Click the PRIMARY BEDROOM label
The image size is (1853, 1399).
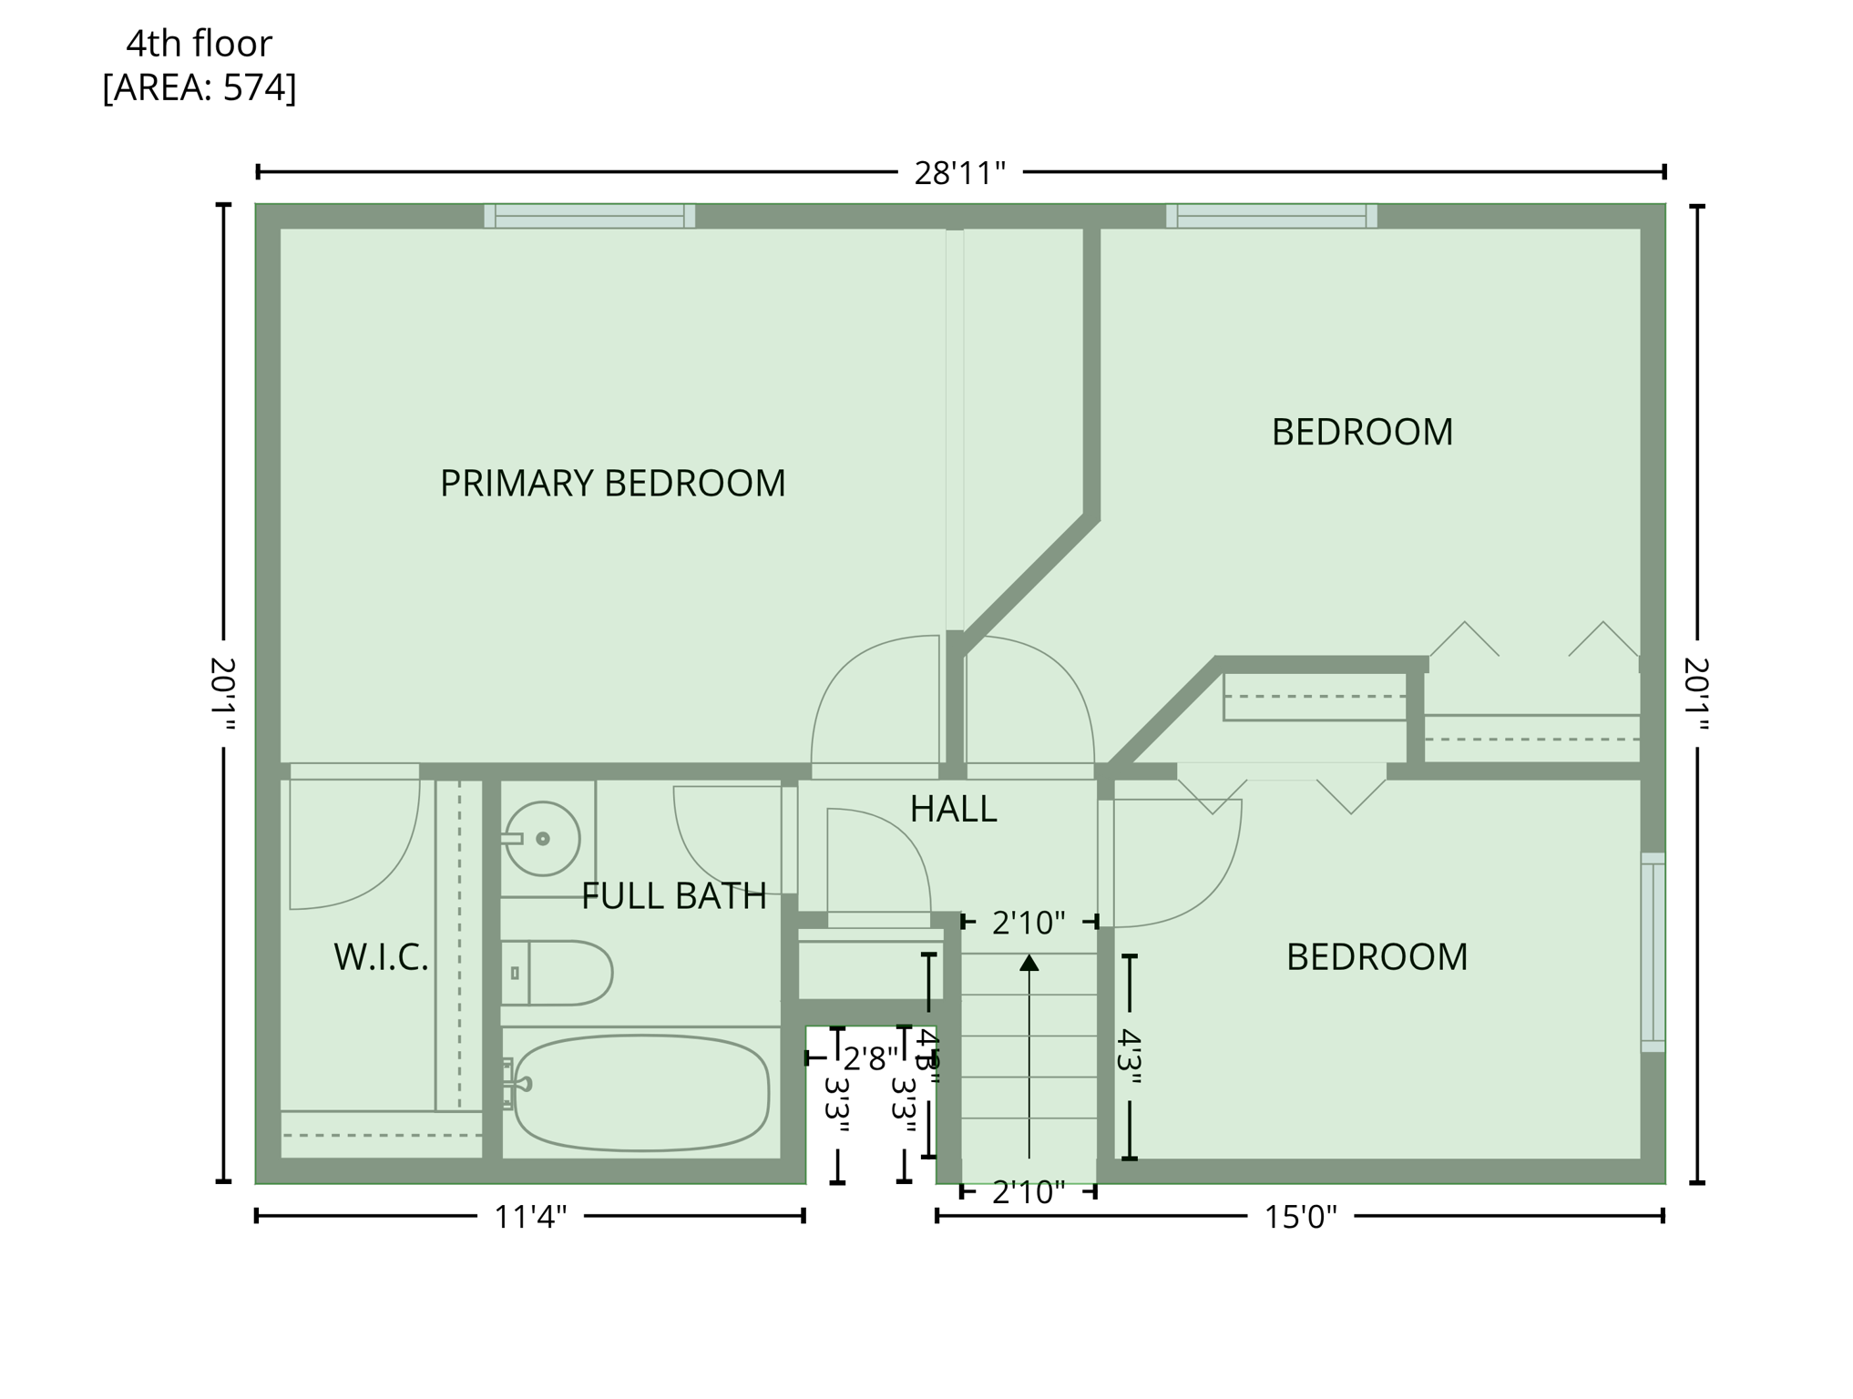[612, 484]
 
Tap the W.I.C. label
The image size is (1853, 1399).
[381, 957]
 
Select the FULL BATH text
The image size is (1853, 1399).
[673, 896]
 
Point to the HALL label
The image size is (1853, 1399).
[953, 809]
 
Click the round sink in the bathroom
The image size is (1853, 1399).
[543, 839]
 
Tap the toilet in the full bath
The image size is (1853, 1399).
[558, 973]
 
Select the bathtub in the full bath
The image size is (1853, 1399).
[641, 1092]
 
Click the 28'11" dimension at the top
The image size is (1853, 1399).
[959, 173]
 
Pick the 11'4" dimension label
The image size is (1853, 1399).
[530, 1217]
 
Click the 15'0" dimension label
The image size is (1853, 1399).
[1300, 1217]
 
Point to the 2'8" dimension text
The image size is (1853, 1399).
[870, 1059]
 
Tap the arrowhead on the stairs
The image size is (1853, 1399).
[1029, 963]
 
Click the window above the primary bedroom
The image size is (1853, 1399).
[589, 216]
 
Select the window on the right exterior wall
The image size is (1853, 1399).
[1653, 952]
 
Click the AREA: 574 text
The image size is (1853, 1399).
[200, 87]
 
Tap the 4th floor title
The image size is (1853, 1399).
[199, 43]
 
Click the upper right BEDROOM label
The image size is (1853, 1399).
[1362, 432]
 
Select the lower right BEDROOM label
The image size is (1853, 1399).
[1377, 957]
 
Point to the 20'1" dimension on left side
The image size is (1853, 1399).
[223, 694]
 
